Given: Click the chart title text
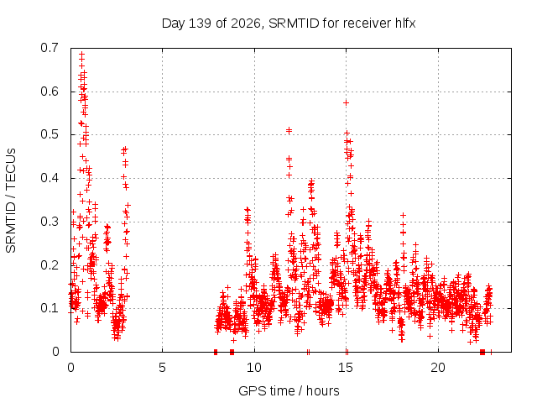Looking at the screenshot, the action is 289,24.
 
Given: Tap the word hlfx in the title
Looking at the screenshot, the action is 405,24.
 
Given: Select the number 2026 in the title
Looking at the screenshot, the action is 246,24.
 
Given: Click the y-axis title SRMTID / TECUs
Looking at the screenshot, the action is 11,201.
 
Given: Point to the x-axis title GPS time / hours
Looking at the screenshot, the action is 289,390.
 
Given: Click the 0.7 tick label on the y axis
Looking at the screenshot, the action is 50,48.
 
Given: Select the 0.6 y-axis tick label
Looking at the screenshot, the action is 50,92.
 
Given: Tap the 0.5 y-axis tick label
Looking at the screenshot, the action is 50,134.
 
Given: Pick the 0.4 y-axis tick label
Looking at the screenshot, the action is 50,178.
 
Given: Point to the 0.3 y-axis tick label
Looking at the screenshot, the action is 50,222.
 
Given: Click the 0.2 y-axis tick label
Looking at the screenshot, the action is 50,265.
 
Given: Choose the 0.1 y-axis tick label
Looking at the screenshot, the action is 50,308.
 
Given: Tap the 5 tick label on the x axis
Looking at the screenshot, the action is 162,368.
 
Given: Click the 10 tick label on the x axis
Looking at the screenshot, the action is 254,368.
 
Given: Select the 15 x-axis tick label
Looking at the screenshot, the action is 346,368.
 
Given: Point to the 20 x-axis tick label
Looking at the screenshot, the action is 438,368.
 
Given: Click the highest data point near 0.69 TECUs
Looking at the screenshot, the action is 82,54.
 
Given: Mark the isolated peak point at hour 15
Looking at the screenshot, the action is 347,102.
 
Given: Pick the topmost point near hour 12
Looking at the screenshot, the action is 289,130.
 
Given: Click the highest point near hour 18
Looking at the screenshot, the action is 403,215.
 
